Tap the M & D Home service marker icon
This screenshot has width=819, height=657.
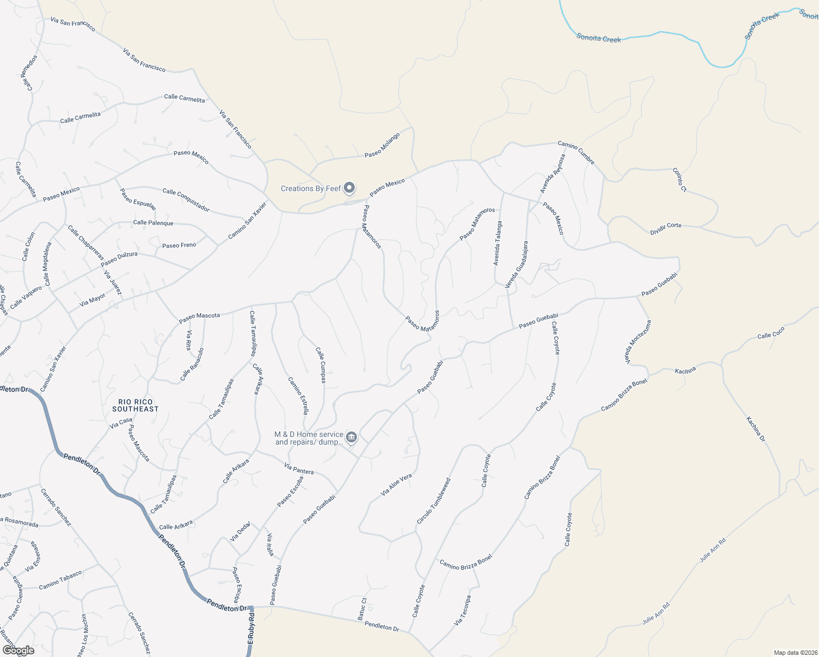(x=351, y=437)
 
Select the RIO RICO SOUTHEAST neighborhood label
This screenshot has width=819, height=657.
(x=135, y=405)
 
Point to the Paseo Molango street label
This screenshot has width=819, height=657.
(x=382, y=145)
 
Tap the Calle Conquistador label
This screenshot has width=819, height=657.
(x=186, y=200)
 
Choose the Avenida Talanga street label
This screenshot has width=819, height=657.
(x=498, y=243)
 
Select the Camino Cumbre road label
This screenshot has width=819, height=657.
(x=576, y=153)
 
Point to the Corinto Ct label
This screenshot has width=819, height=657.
(x=679, y=180)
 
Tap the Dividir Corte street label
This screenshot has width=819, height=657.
(x=666, y=228)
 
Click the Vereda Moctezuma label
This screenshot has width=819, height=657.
(x=638, y=342)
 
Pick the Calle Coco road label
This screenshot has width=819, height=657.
(x=771, y=333)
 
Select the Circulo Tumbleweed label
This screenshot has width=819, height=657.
(x=434, y=501)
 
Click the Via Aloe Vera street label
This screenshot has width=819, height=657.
(x=396, y=485)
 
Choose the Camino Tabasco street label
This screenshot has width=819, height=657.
(x=60, y=580)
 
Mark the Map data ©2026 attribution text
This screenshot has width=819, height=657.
(x=795, y=653)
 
